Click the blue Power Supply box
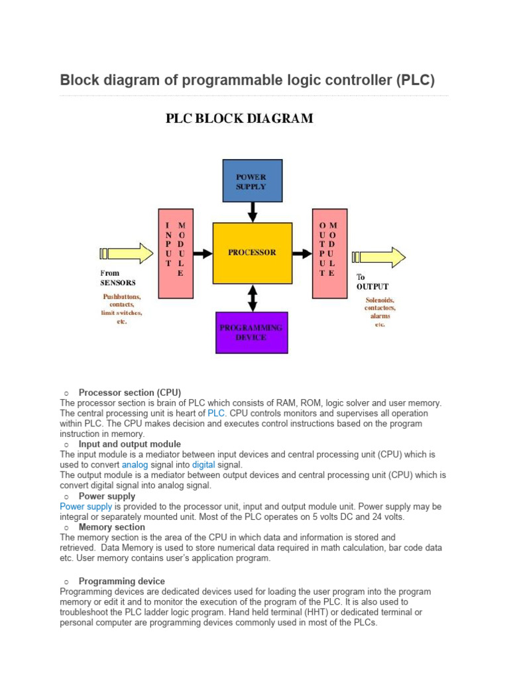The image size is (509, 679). pos(251,181)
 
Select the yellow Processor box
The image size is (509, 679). pos(252,253)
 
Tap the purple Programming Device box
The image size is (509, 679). pos(251,332)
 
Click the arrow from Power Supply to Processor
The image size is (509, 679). pos(252,212)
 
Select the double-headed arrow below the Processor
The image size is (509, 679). pos(252,297)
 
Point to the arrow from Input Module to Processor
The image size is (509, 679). pos(203,253)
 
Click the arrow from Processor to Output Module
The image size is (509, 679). pos(302,253)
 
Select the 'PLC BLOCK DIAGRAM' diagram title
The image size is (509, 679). pos(239,119)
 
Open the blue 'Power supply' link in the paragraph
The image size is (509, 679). pos(85,506)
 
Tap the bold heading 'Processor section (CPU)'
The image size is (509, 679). pos(129,392)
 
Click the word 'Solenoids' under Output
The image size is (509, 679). pos(380,300)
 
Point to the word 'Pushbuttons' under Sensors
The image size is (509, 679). pos(121,296)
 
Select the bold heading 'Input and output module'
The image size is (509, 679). pos(129,444)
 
